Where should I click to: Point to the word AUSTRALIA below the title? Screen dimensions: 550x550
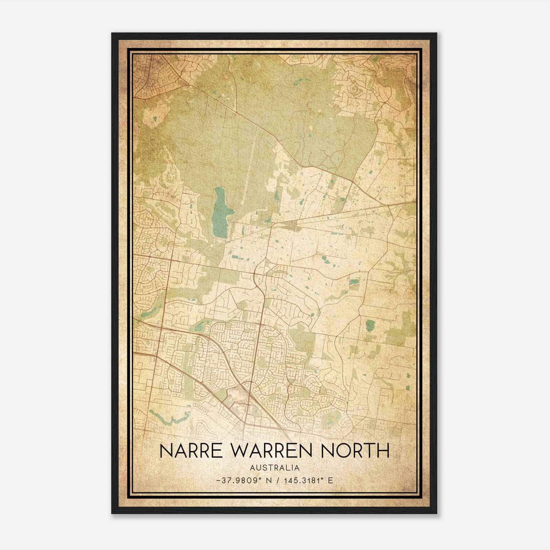pyautogui.click(x=275, y=468)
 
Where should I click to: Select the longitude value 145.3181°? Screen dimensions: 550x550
pyautogui.click(x=302, y=481)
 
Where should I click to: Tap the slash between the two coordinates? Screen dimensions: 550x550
pyautogui.click(x=278, y=481)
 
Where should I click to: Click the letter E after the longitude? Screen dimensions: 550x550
pyautogui.click(x=331, y=481)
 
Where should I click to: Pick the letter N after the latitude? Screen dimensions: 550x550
pyautogui.click(x=269, y=481)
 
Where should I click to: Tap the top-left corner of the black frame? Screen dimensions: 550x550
pyautogui.click(x=112, y=34)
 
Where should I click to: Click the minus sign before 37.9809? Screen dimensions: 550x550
pyautogui.click(x=219, y=481)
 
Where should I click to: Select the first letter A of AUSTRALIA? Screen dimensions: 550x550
pyautogui.click(x=253, y=468)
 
